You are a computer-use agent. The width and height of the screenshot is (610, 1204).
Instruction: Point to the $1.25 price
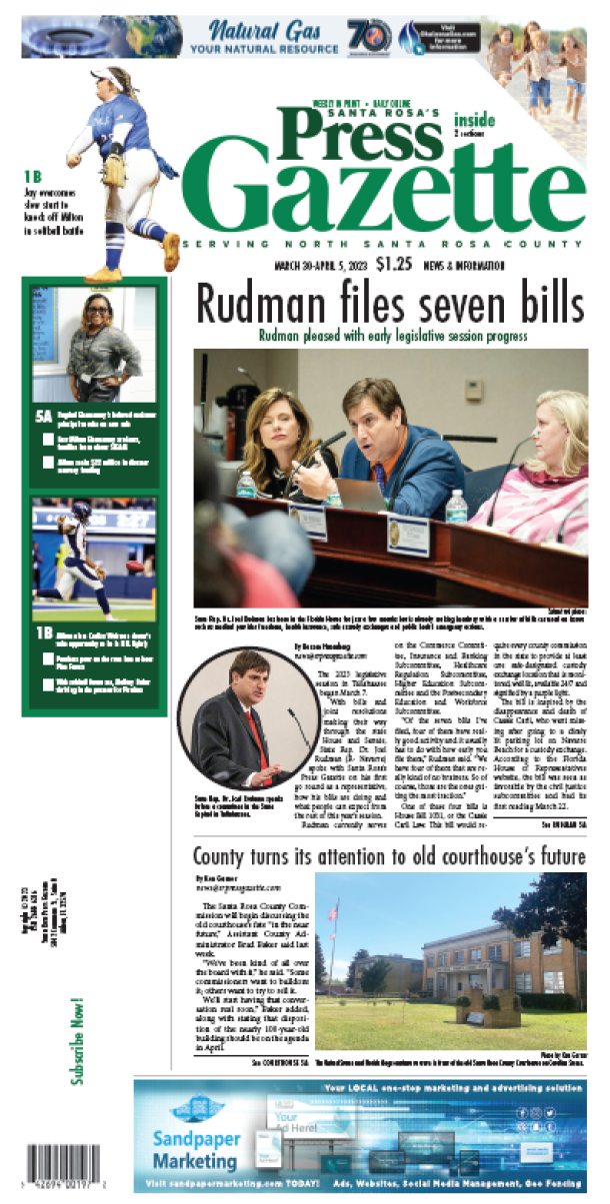[x=396, y=265]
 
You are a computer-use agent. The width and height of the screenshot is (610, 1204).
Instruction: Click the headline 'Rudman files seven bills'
[x=389, y=303]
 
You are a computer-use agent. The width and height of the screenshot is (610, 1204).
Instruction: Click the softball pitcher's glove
[x=114, y=170]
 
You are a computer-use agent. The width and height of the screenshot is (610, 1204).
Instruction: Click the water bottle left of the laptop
[x=247, y=485]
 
